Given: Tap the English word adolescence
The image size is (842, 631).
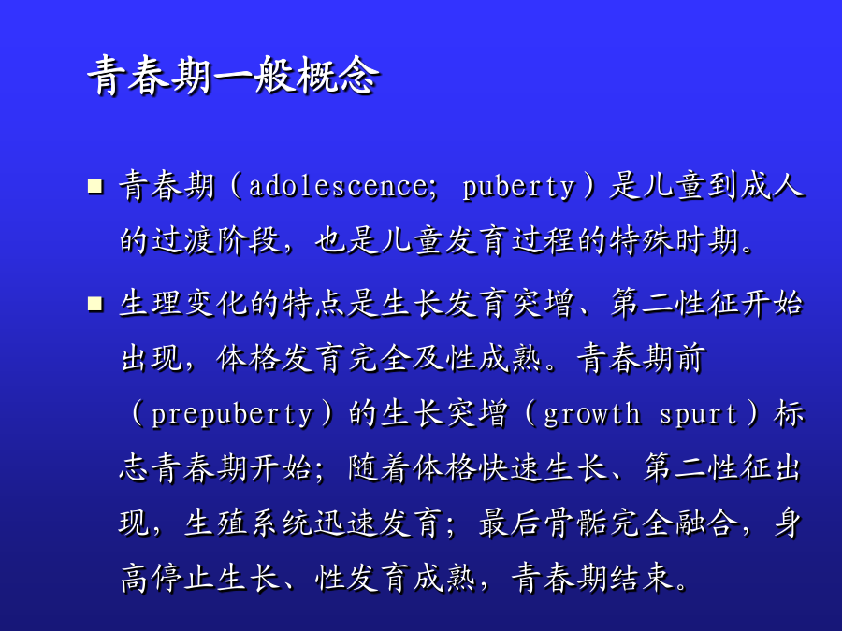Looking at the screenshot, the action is [x=339, y=186].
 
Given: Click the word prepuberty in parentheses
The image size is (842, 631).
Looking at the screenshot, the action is [x=232, y=415].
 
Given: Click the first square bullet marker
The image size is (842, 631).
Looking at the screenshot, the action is [x=95, y=186].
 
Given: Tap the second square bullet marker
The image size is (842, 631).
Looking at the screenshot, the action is [x=95, y=304].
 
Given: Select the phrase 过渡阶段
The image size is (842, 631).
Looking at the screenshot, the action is [x=216, y=240].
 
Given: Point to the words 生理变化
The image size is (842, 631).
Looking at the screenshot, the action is [x=183, y=304].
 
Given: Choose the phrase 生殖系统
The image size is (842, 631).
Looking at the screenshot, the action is [x=249, y=524].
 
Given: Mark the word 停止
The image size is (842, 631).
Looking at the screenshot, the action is [x=183, y=580].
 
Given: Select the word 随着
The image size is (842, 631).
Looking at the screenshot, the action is [x=380, y=468].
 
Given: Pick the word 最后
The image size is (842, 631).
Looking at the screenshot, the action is [x=510, y=524].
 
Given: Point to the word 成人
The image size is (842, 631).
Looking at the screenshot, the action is [x=772, y=186].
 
